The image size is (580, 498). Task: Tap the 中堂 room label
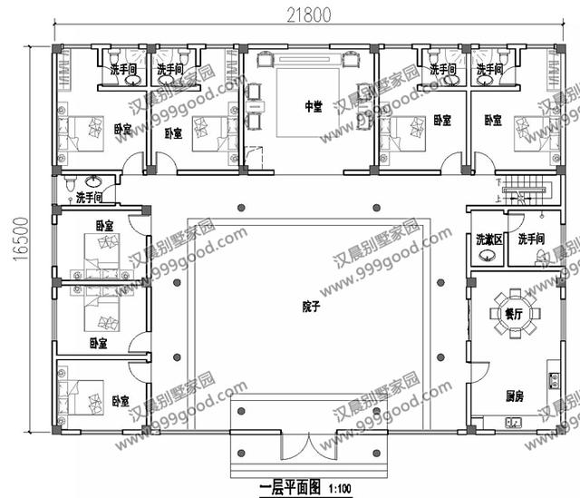click(x=312, y=107)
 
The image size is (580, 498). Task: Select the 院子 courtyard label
click(x=311, y=307)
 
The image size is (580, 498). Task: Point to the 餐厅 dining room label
click(x=514, y=314)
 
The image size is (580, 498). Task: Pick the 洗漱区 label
click(x=488, y=239)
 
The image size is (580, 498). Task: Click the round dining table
click(x=514, y=313)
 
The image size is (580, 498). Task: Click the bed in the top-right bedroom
click(x=531, y=132)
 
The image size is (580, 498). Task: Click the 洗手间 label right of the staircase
click(x=533, y=239)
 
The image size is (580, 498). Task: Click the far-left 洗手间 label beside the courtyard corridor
click(x=89, y=197)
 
